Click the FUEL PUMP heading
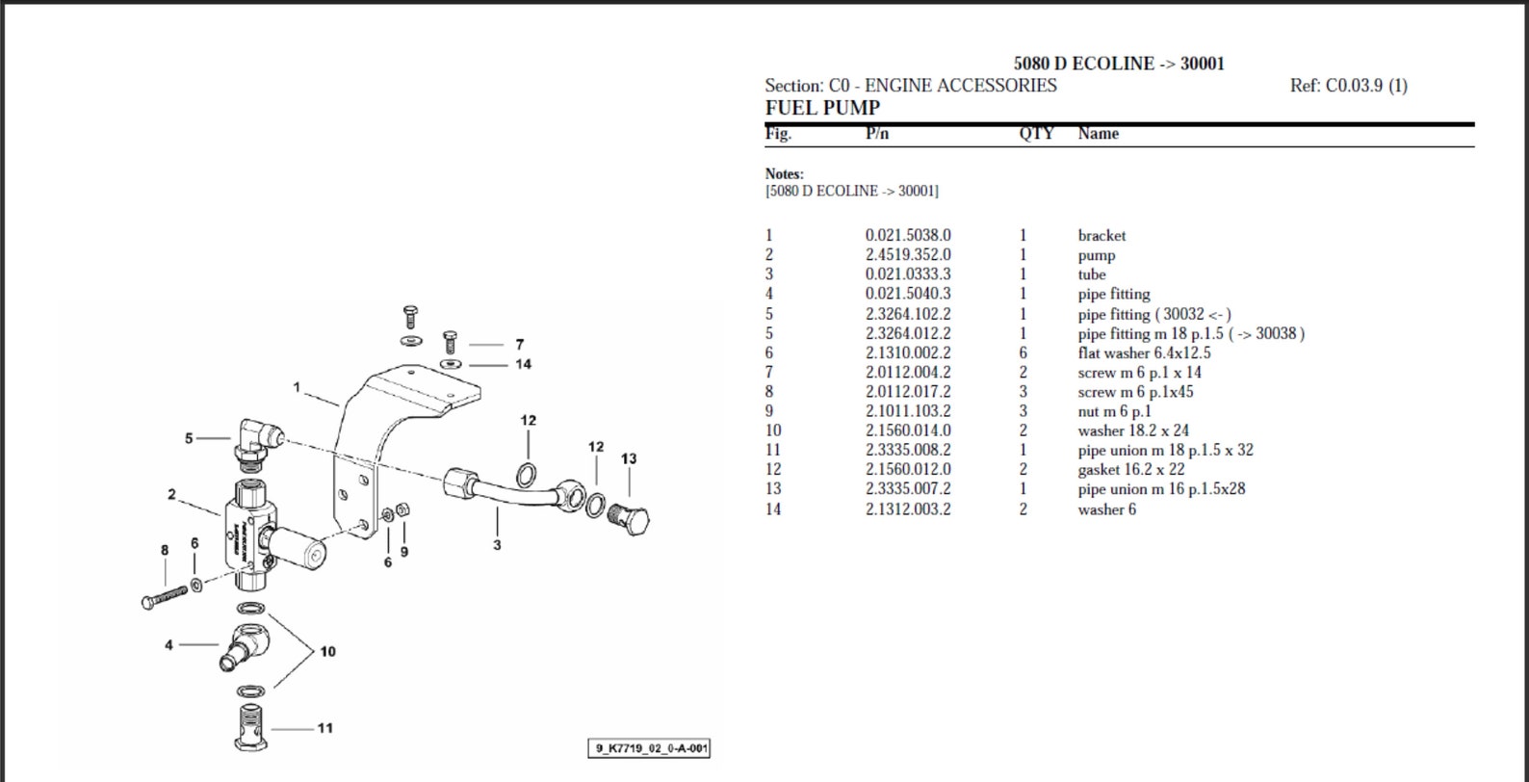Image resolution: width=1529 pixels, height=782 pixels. pyautogui.click(x=822, y=108)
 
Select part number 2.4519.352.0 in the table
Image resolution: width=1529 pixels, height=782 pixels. pyautogui.click(x=907, y=255)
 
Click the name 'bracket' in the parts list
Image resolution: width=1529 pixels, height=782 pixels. pyautogui.click(x=1101, y=236)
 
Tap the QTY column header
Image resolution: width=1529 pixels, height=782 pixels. pyautogui.click(x=1036, y=134)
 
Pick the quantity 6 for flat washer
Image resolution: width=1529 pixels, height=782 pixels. pyautogui.click(x=1024, y=353)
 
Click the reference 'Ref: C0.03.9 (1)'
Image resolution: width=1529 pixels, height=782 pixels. pyautogui.click(x=1348, y=86)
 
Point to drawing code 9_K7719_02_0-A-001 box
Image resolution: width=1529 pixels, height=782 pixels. pyautogui.click(x=650, y=748)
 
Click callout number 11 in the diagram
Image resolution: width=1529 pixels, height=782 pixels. pyautogui.click(x=324, y=728)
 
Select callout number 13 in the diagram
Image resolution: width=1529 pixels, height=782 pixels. pyautogui.click(x=629, y=459)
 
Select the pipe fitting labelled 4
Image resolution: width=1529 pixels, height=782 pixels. pyautogui.click(x=245, y=645)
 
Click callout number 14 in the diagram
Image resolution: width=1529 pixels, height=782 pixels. pyautogui.click(x=523, y=364)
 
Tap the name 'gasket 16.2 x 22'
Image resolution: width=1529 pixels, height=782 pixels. pyautogui.click(x=1130, y=470)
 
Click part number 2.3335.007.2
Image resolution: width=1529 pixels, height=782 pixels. pyautogui.click(x=907, y=489)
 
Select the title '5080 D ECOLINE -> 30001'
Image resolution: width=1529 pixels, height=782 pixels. pyautogui.click(x=1119, y=64)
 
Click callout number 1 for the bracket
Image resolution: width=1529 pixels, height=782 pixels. pyautogui.click(x=298, y=387)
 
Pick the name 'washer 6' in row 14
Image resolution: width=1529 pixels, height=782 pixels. pyautogui.click(x=1106, y=509)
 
